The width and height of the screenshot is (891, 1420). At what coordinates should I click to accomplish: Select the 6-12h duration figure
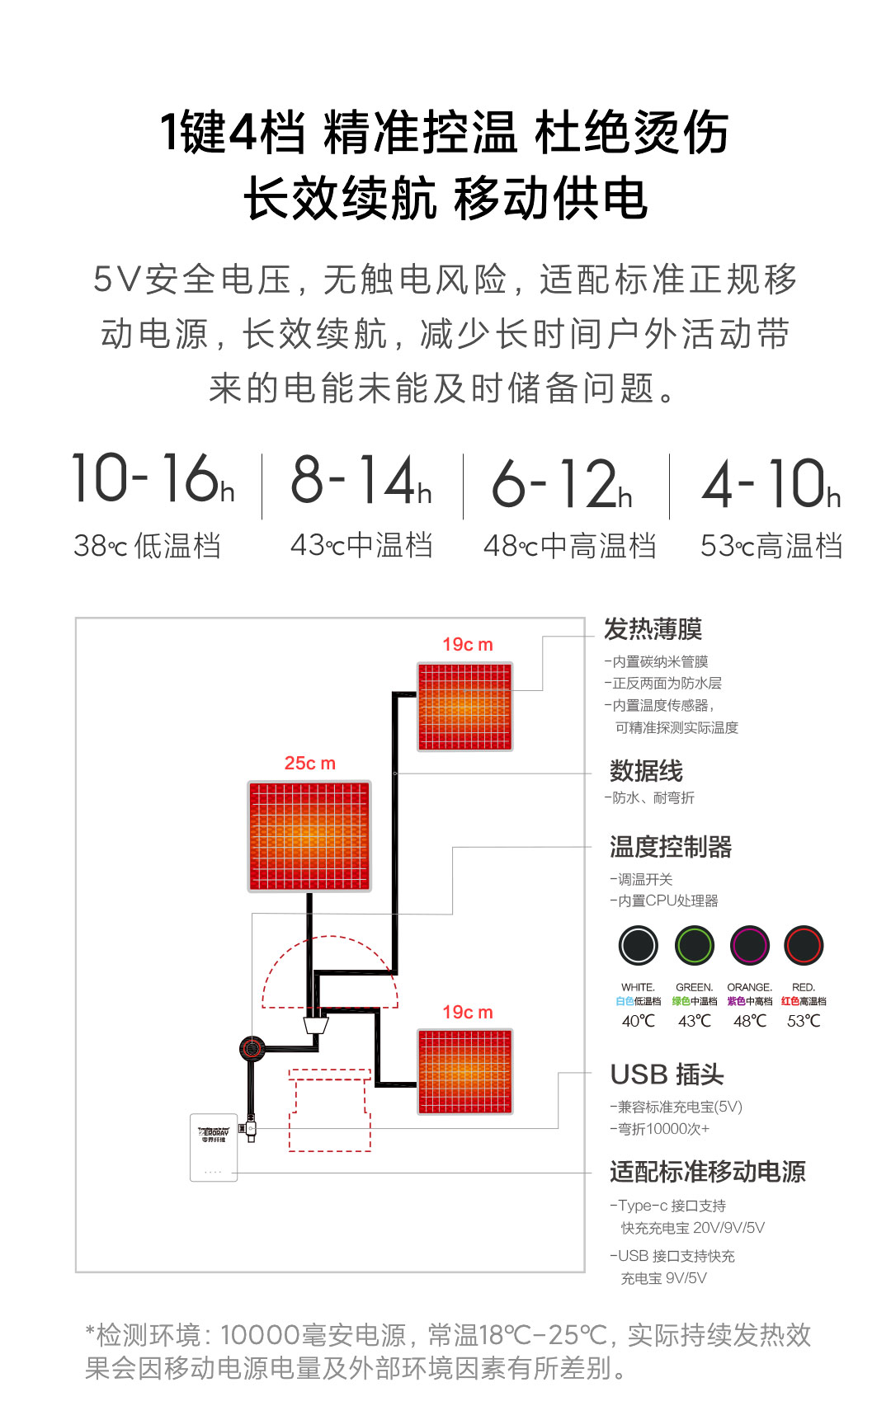tap(562, 483)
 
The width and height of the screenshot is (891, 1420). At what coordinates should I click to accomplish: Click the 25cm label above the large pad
tap(310, 764)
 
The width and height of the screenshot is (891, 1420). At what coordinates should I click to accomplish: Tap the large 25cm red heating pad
tap(309, 836)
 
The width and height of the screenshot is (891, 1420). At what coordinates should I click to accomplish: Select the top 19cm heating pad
tap(465, 707)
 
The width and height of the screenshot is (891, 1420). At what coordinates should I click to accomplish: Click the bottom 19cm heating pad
tap(465, 1071)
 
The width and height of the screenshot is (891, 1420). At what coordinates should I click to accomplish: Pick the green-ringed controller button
tap(694, 945)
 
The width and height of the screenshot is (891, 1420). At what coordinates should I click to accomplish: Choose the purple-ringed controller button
tap(749, 945)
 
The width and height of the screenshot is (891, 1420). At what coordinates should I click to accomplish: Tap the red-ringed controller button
tap(804, 945)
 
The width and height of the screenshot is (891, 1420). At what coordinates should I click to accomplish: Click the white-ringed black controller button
tap(638, 945)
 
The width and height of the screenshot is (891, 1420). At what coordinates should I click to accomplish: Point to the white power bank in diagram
tap(214, 1147)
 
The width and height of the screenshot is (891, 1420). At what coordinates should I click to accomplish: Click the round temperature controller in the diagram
tap(252, 1048)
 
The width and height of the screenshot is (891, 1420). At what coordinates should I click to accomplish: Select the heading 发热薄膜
tap(653, 629)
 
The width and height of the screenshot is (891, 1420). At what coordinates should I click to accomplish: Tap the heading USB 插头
tap(667, 1074)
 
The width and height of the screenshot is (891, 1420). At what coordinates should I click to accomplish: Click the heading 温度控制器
tap(671, 847)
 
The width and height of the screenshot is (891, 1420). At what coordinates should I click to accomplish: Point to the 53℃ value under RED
tap(804, 1021)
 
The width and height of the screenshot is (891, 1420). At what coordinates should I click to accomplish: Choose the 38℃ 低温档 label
tap(147, 546)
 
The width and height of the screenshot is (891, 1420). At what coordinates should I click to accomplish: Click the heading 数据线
tap(646, 771)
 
